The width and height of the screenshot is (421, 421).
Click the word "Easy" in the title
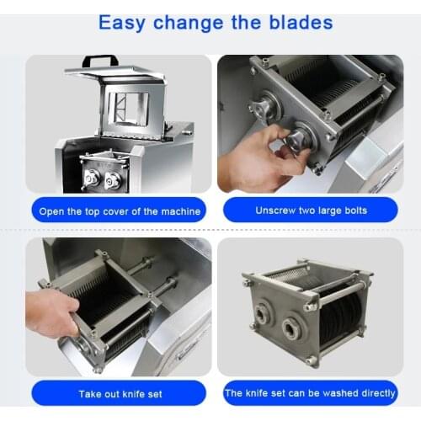124,21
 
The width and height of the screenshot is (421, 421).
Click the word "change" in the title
195,21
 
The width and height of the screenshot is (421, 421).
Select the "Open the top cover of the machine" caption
119,210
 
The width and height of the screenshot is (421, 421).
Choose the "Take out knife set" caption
119,392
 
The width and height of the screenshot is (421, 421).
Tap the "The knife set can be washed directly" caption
310,392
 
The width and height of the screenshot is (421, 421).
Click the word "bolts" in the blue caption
351,210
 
